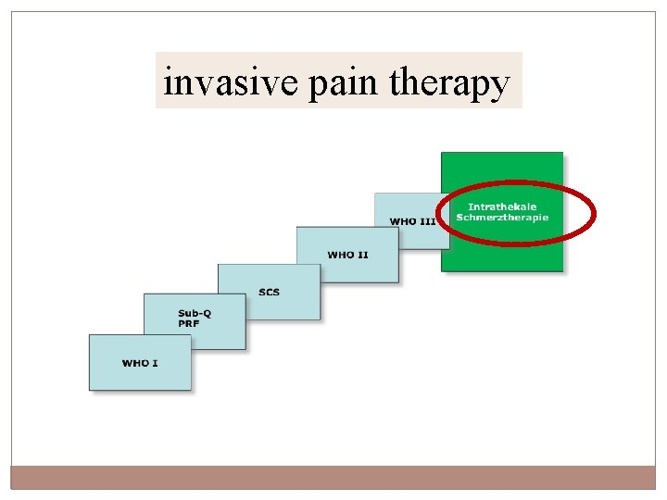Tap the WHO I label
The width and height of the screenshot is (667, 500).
click(140, 363)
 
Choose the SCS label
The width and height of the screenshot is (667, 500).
click(269, 293)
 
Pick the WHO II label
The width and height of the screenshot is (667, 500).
click(347, 254)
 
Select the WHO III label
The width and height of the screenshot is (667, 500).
click(412, 221)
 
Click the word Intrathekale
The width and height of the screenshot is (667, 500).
click(502, 206)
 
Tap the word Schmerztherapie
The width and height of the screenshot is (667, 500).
click(502, 218)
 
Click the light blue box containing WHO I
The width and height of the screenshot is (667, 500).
click(140, 375)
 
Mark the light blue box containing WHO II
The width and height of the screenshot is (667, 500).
click(347, 264)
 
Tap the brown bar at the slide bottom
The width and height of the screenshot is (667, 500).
click(333, 477)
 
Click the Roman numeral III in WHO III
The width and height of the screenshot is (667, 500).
click(428, 221)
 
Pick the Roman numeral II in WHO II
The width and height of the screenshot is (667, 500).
click(362, 254)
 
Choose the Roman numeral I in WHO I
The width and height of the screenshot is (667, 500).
click(155, 363)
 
